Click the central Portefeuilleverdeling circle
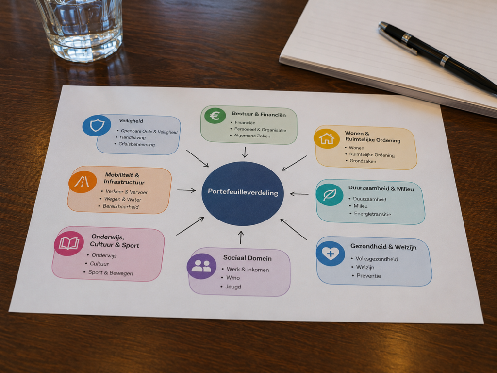pos(243,193)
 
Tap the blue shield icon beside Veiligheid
pos(97,126)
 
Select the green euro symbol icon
pos(215,116)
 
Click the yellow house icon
pos(327,138)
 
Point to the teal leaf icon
pos(330,195)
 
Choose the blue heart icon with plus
pos(330,253)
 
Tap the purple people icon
pos(201,266)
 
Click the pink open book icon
pos(69,243)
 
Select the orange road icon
pos(83,182)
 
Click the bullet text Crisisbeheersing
pos(136,144)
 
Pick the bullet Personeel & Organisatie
pos(260,129)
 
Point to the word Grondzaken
pos(363,161)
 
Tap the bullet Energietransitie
pos(372,214)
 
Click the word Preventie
pos(369,276)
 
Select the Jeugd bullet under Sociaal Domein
pos(233,287)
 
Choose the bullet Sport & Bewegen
pos(110,273)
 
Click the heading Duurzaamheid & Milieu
pos(381,189)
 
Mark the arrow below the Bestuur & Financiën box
pos(245,152)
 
